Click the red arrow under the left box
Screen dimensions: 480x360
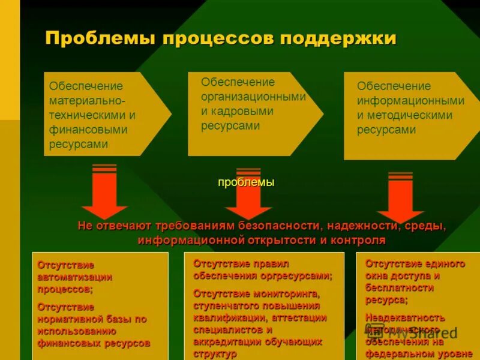tap(104, 192)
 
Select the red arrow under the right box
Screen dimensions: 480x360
tap(400, 198)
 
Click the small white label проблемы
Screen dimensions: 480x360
tap(246, 182)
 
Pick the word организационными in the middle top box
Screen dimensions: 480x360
tap(253, 97)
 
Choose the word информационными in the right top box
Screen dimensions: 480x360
tap(410, 101)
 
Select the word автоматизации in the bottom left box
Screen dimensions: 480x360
tap(75, 277)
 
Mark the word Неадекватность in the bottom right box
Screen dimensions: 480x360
tap(405, 317)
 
